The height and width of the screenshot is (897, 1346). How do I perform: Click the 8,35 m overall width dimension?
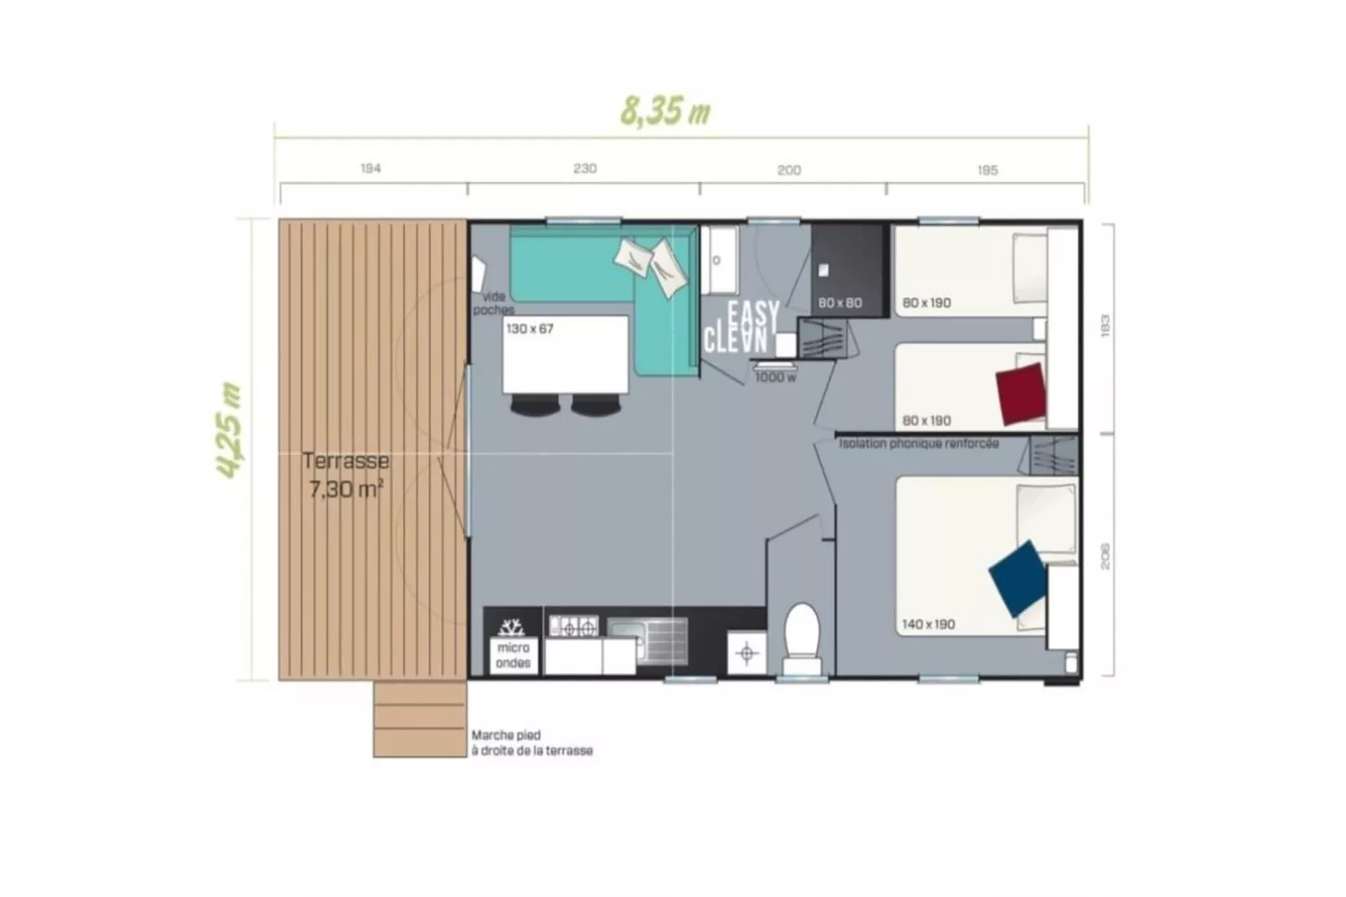[665, 111]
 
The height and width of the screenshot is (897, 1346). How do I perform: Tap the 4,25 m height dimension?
[229, 430]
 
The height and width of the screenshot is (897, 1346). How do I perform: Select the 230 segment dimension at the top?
[584, 169]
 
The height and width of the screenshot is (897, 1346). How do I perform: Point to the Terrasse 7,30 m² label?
[345, 474]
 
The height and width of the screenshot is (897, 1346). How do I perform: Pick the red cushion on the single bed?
[1021, 394]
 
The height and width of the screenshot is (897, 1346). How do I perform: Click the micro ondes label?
[513, 655]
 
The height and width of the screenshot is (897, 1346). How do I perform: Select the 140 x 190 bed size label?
[928, 625]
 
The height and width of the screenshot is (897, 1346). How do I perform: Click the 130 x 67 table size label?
[530, 329]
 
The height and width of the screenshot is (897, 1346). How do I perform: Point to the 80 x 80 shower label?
[840, 303]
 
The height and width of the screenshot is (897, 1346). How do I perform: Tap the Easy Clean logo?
[742, 327]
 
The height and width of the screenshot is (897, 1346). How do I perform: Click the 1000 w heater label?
[775, 378]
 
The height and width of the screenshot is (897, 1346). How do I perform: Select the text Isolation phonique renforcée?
[919, 443]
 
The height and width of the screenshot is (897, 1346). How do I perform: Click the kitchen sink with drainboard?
[648, 640]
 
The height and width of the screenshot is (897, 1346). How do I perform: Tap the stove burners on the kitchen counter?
[573, 626]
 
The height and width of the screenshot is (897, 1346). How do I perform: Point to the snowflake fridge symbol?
[511, 626]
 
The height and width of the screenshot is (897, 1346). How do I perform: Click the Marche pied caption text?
[531, 743]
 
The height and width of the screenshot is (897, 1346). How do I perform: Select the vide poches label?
[494, 303]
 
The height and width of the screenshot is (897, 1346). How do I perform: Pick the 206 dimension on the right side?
[1105, 556]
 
